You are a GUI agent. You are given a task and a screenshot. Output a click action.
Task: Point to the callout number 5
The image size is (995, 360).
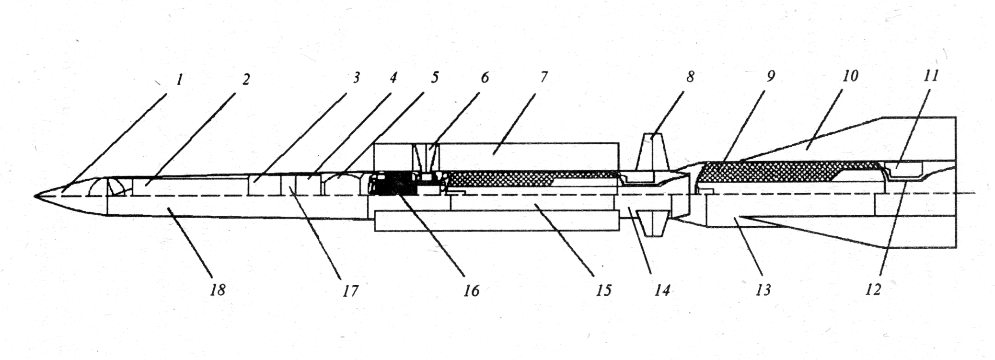[x=434, y=78]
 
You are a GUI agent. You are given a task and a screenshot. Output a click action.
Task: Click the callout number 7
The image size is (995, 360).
[x=544, y=77]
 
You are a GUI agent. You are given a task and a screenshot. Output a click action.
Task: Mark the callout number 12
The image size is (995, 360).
[x=873, y=290]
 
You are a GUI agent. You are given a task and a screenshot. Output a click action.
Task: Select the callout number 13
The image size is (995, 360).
[x=763, y=290]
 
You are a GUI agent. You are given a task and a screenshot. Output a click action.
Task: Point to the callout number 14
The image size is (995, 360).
[x=662, y=290]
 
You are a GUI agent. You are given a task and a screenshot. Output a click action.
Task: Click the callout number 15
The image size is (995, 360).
[x=603, y=290]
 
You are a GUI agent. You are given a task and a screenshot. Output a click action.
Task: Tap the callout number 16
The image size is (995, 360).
[x=472, y=290]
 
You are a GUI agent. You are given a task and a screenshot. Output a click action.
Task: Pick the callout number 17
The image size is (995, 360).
[x=350, y=290]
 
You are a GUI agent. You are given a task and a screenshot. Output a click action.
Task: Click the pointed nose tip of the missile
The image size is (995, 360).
[x=36, y=196]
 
